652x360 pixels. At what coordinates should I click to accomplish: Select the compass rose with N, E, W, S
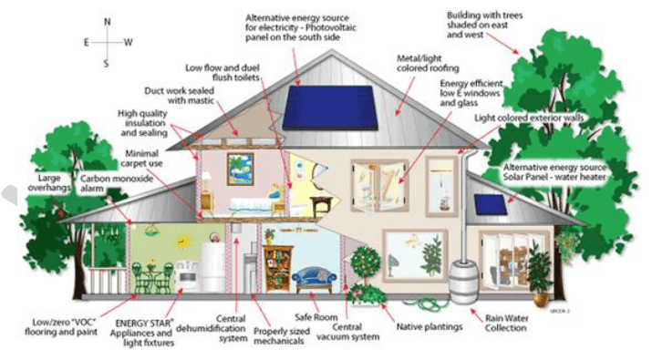(x=107, y=41)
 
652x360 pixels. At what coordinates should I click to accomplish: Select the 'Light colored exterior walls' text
(x=530, y=119)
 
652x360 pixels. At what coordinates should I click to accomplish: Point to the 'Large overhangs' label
(x=53, y=181)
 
